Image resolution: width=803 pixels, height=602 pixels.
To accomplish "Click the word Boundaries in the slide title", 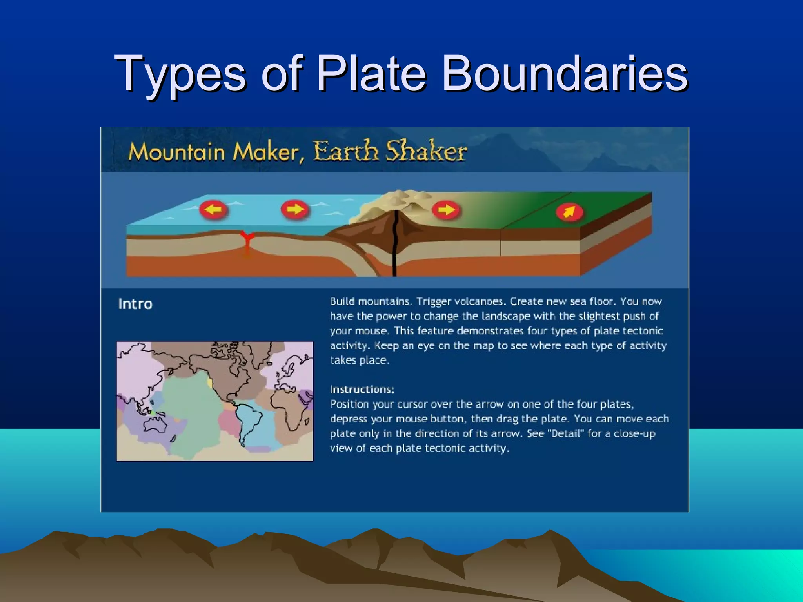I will pos(565,74).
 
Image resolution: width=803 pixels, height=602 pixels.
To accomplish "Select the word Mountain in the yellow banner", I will pos(177,152).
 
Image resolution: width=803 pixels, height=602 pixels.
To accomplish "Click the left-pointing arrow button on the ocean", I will pos(213,210).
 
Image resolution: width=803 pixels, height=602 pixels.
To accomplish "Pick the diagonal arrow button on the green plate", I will pos(569,212).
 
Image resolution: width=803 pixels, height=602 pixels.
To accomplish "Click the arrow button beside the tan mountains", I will pos(446,210).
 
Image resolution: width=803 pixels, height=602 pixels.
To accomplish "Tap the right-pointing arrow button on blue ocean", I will pos(295,209).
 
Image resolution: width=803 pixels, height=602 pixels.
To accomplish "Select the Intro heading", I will pos(135,304).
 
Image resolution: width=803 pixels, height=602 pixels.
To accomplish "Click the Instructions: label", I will pos(362,390).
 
